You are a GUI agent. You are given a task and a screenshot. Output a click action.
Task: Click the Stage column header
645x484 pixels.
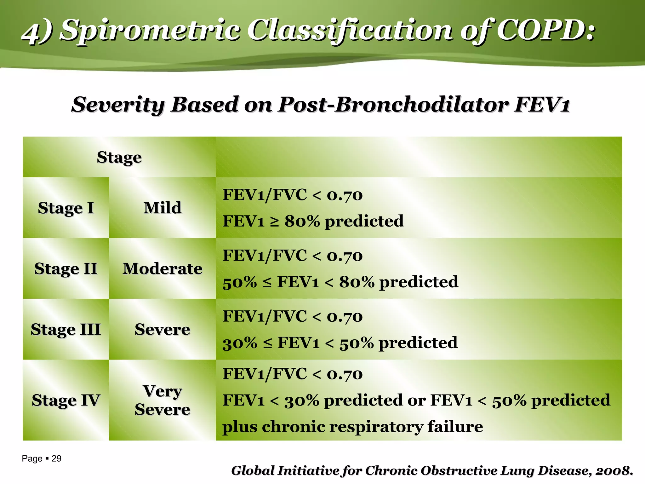click(x=119, y=157)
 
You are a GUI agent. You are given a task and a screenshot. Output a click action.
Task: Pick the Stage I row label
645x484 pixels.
click(x=66, y=208)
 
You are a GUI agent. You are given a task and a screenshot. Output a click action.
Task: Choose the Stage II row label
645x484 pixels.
click(x=66, y=269)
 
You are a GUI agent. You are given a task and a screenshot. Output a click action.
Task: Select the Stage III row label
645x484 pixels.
click(x=66, y=330)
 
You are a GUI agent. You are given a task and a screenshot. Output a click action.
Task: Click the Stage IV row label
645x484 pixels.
click(x=66, y=400)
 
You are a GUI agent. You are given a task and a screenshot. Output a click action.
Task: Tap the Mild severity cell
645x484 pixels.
click(x=162, y=208)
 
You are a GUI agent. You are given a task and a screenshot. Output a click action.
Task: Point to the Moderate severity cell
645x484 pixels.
click(x=162, y=269)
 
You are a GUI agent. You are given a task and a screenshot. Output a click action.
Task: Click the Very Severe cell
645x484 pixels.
click(x=162, y=400)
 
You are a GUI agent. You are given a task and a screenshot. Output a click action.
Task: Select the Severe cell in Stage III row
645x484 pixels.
click(x=162, y=330)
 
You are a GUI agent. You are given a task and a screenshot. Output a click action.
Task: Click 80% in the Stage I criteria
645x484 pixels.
click(x=302, y=221)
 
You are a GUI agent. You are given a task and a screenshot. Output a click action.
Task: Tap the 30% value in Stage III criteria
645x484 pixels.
click(x=240, y=343)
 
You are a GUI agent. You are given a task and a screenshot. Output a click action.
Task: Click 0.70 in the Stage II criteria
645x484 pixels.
click(x=345, y=256)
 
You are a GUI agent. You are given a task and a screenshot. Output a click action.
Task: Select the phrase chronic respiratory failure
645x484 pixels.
click(x=372, y=427)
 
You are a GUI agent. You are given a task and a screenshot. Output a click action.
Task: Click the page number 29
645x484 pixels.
click(x=56, y=458)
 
